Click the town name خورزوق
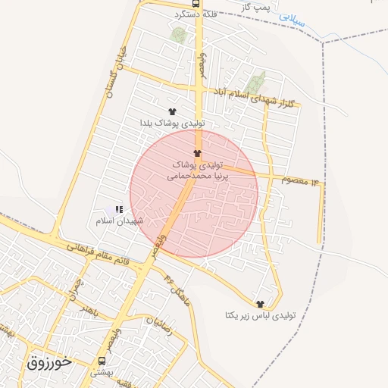49,362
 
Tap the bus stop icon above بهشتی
102,361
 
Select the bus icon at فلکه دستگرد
197,3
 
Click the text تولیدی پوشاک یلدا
171,122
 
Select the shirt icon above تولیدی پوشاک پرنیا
198,153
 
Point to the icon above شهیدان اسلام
118,209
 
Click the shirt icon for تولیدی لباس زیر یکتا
260,304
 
